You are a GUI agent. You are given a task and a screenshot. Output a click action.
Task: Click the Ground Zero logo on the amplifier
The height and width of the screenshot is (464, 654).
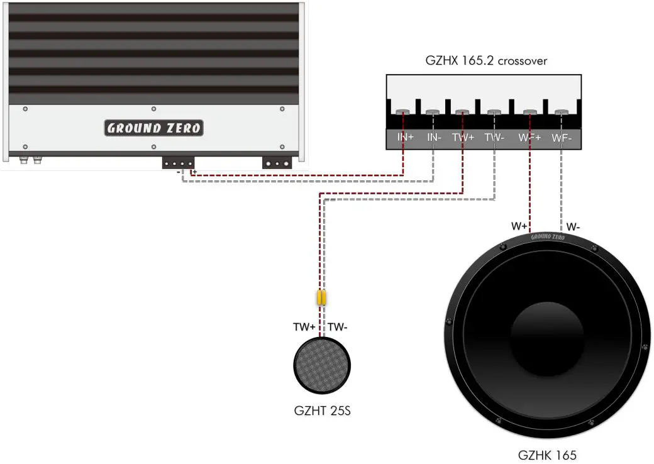154,128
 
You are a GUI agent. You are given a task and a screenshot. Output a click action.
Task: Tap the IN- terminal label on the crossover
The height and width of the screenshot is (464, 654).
434,138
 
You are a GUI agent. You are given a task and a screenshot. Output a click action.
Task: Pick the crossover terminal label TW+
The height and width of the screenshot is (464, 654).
463,138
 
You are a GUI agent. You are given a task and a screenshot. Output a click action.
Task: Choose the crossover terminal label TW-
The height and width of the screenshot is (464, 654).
495,138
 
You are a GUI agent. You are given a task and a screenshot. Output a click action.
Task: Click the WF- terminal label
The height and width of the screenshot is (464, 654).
562,138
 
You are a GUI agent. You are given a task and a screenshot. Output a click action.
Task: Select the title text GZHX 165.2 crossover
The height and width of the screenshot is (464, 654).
486,61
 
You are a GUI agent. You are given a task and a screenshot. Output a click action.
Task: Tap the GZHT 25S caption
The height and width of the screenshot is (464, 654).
323,412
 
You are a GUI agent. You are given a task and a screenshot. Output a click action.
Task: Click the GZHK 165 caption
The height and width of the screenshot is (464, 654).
547,455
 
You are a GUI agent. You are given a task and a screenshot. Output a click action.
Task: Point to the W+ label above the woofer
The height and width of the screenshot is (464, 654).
519,226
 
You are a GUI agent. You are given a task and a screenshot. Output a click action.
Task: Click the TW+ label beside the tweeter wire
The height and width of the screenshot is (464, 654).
304,327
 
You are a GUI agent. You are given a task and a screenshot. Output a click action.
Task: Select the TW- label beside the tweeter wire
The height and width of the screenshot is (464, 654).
338,327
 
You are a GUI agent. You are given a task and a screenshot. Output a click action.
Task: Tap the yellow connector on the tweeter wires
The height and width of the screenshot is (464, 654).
321,297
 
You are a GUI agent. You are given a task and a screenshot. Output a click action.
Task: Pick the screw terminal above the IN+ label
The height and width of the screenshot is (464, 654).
402,113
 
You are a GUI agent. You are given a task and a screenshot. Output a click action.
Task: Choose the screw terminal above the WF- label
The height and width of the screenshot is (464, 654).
562,113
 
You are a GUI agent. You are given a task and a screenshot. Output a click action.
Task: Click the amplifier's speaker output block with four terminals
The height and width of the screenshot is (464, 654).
178,163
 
